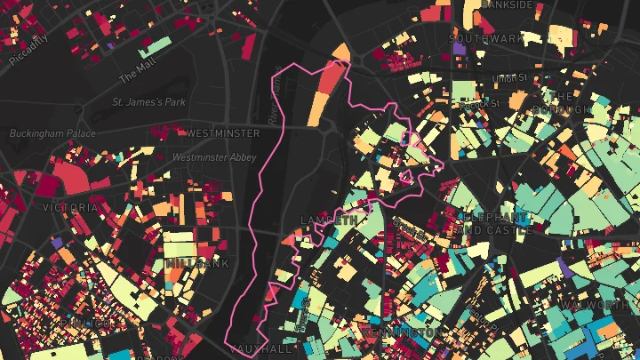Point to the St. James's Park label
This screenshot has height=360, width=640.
(148, 102)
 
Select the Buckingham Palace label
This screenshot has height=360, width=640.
(52, 133)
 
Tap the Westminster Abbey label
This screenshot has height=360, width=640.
(214, 157)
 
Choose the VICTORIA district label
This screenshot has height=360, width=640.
(69, 207)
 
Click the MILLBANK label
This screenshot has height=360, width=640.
(196, 263)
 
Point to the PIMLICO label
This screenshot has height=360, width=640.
(89, 322)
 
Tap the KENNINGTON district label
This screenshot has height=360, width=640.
(400, 332)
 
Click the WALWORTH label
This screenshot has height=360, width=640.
(606, 305)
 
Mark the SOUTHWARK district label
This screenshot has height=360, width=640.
(487, 39)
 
